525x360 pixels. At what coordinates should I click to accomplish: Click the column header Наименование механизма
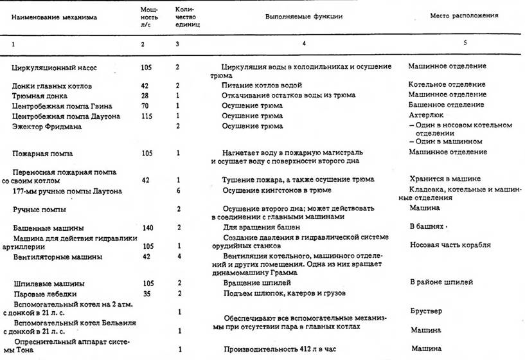click(54, 18)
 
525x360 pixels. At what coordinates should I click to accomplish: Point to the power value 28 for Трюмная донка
click(145, 94)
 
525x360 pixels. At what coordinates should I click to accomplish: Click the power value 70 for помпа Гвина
click(145, 105)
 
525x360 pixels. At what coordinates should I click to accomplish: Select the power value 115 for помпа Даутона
click(147, 116)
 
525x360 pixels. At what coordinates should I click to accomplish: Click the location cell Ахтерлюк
click(425, 116)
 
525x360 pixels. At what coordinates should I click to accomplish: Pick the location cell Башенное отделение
click(446, 105)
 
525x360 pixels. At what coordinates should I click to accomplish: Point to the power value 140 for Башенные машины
click(147, 228)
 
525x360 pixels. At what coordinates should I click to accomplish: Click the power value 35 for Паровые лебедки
click(145, 293)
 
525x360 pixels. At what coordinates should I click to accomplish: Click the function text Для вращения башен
click(257, 228)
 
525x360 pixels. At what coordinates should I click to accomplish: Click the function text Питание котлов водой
click(262, 85)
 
